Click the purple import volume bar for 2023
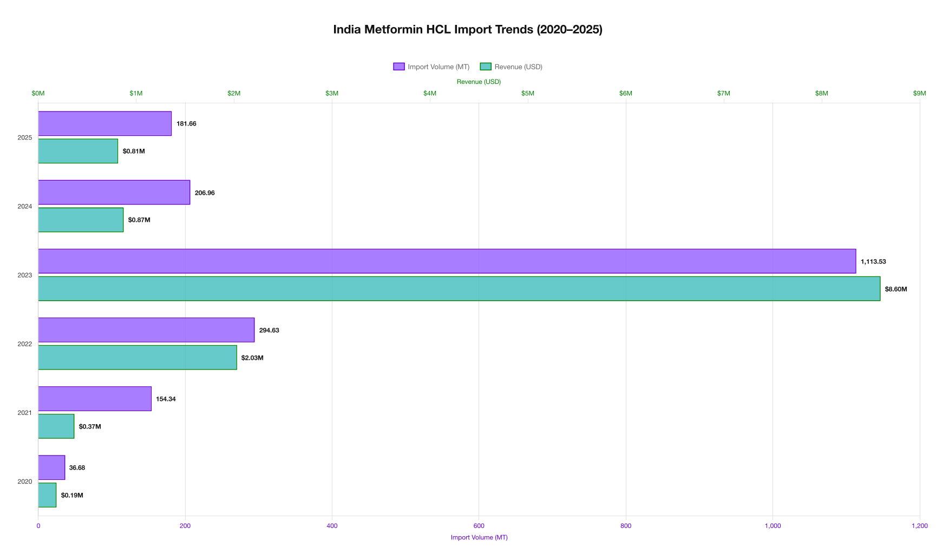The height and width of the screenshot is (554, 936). pos(447,261)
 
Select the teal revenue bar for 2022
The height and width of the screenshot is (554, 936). pos(137,358)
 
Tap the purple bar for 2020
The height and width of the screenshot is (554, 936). pos(51,467)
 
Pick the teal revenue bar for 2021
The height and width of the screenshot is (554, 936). pos(56,426)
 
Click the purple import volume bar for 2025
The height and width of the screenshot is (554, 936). pos(104,124)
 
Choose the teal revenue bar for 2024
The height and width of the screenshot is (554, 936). pos(81,220)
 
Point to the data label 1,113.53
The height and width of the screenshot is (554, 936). pos(873,262)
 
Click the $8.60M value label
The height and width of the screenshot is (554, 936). pos(895,289)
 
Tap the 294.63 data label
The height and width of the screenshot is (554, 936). pos(269,331)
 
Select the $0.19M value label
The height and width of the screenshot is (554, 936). pos(72,496)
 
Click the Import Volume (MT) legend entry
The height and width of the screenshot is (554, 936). pos(431,67)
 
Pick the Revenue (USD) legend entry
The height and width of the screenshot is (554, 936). pos(511,67)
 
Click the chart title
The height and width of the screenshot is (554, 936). pos(468,30)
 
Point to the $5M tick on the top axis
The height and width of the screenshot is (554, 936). pos(527,94)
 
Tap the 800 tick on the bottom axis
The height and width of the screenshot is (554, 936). pos(625,526)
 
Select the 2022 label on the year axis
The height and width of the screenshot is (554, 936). pos(25,344)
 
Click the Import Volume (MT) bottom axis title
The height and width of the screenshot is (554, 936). pos(479,537)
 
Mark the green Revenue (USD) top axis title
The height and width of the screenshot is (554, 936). pos(479,82)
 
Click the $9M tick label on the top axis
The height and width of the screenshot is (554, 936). pos(919,94)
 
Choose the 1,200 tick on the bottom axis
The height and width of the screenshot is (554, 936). pos(919,526)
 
